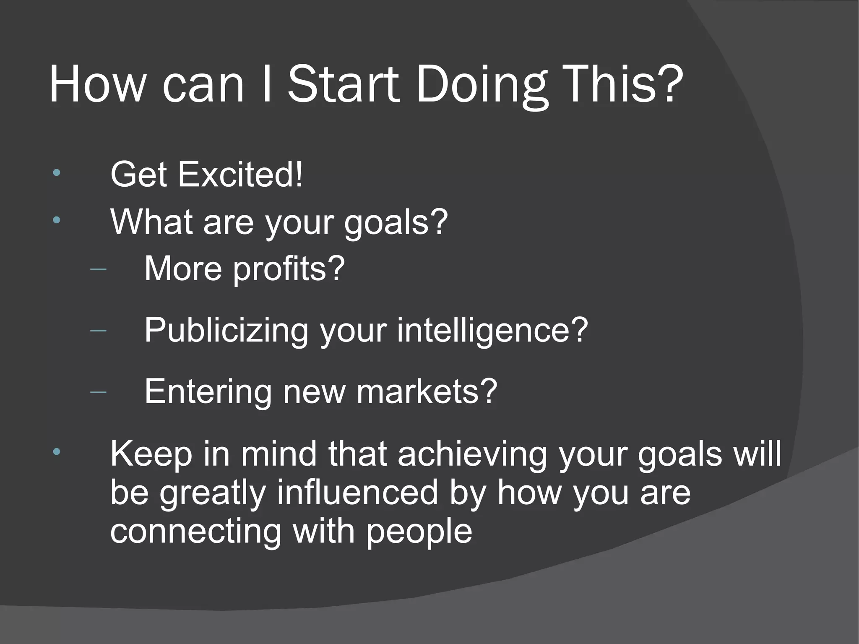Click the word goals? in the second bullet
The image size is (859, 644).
[x=396, y=222]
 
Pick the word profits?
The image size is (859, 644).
[x=289, y=269]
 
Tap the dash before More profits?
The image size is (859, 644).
[x=98, y=269]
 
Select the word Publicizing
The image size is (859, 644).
[x=226, y=331]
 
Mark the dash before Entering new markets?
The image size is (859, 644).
[x=98, y=392]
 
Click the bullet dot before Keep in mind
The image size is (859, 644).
[x=57, y=452]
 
